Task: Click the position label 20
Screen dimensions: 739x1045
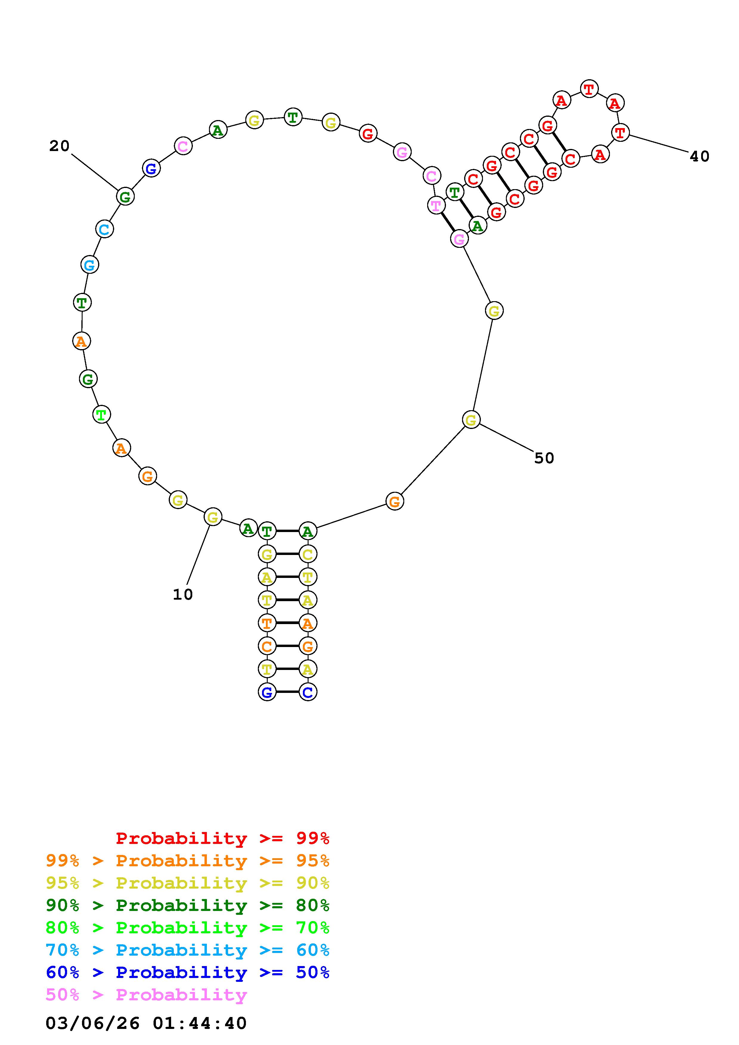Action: [59, 146]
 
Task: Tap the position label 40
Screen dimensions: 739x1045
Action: [699, 157]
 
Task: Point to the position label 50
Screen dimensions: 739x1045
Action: [544, 458]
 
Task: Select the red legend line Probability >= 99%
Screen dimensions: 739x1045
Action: [223, 838]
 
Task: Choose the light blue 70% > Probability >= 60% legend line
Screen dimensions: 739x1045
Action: [188, 950]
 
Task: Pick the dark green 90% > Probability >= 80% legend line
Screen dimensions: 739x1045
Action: [188, 906]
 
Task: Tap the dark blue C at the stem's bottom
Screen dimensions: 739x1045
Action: [308, 692]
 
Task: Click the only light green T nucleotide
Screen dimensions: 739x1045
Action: [101, 415]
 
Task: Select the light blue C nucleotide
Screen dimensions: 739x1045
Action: [104, 229]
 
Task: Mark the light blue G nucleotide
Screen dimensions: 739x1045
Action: [90, 265]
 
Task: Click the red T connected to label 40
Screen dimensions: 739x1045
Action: [620, 133]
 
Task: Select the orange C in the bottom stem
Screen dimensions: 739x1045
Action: [267, 646]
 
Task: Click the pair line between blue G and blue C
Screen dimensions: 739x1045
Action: [287, 692]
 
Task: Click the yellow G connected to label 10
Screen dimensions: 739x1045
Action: [213, 517]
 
